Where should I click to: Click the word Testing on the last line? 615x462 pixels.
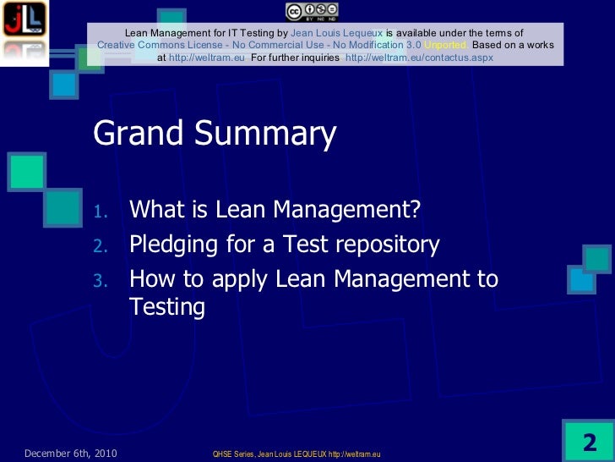167,307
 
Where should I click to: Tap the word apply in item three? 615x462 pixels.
263,280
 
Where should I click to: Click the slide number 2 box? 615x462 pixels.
589,442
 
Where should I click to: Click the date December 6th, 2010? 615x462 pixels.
70,454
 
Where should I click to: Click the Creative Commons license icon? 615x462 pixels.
312,11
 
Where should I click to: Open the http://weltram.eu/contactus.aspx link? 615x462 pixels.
419,58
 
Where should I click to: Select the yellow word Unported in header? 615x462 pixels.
447,45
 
